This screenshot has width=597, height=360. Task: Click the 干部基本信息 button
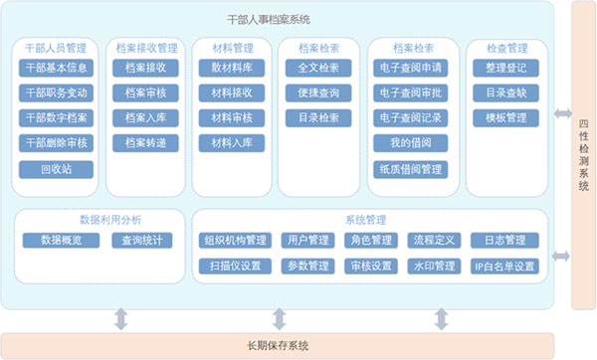click(x=56, y=68)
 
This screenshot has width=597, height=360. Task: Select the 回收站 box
click(x=56, y=169)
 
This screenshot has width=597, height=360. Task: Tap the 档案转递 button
click(x=145, y=143)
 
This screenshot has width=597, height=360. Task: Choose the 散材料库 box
click(x=232, y=68)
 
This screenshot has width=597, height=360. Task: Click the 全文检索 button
click(x=318, y=68)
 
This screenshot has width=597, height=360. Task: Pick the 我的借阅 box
click(x=410, y=143)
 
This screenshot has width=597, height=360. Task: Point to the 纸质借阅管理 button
click(x=410, y=169)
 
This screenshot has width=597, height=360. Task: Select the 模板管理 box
click(x=506, y=118)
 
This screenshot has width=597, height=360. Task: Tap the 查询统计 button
click(x=142, y=240)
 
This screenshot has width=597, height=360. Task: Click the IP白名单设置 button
click(x=504, y=266)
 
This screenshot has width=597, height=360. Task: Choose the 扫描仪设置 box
click(x=235, y=266)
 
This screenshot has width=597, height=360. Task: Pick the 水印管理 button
click(x=434, y=266)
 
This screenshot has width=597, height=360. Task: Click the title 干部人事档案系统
click(x=269, y=20)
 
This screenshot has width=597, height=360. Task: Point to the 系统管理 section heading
click(x=365, y=220)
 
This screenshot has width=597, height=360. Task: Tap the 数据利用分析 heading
click(x=110, y=220)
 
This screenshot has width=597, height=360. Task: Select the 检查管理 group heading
click(x=507, y=48)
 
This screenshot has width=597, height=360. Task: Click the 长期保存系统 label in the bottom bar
click(x=278, y=345)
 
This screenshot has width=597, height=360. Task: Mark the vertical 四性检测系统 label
click(x=584, y=155)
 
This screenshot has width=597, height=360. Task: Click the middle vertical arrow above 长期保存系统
click(x=279, y=319)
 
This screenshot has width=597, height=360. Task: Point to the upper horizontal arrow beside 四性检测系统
click(x=563, y=113)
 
